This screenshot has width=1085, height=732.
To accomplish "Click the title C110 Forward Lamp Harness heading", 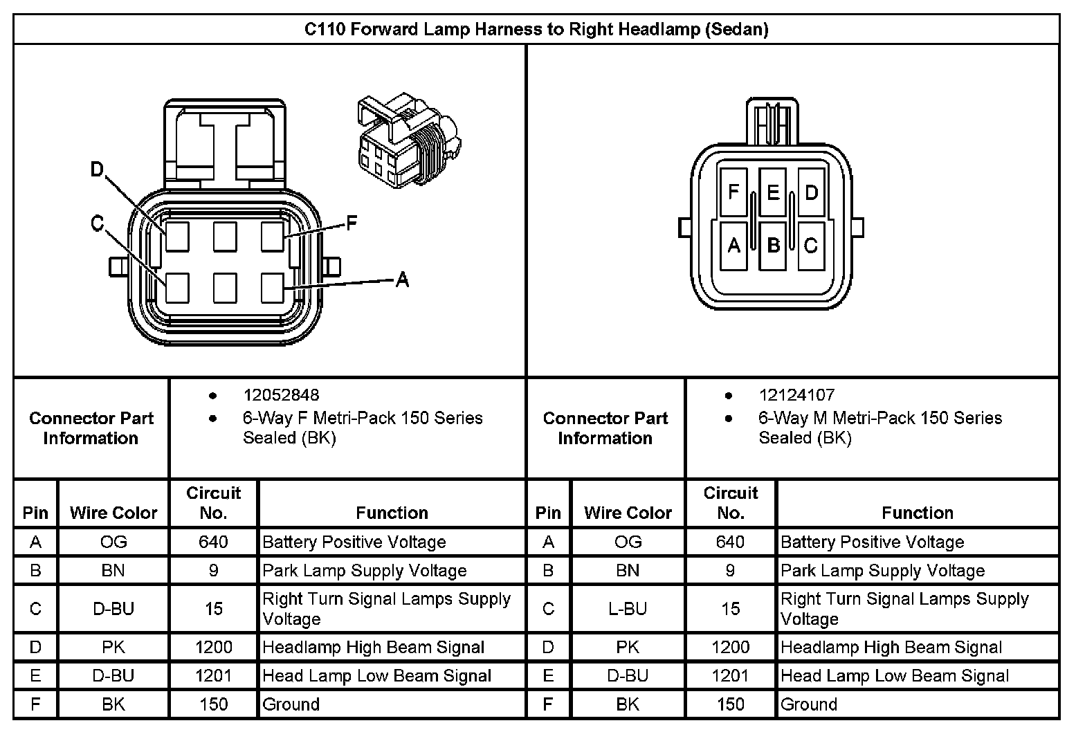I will (x=536, y=30).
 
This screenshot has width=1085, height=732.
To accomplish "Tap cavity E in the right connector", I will (x=773, y=192).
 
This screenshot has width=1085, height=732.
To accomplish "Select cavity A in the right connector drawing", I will (x=734, y=245).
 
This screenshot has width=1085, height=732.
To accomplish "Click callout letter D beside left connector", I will (x=98, y=170).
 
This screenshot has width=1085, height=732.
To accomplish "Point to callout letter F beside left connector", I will (x=352, y=223).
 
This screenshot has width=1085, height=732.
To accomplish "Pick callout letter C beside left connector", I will (x=97, y=223).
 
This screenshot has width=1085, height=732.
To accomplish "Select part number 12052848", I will (x=281, y=395).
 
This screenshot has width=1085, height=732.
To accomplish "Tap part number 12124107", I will (x=796, y=395).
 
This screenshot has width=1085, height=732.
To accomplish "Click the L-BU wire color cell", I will (x=628, y=609).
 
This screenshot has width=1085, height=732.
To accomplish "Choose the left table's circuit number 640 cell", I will (x=213, y=542).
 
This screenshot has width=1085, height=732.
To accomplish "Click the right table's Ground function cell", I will (x=809, y=704).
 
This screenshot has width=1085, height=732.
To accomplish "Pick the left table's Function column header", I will (x=392, y=513).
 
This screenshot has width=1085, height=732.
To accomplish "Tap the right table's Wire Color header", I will (x=628, y=513).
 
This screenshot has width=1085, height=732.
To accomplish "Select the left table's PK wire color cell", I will (x=113, y=648).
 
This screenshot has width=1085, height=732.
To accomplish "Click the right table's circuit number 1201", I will (x=731, y=676).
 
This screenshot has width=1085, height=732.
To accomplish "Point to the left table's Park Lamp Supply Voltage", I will (x=365, y=571).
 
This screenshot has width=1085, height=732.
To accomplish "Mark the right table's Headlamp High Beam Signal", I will (x=891, y=648).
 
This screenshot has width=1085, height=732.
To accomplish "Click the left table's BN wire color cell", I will (x=113, y=571).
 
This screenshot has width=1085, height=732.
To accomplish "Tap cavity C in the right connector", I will (x=811, y=245).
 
